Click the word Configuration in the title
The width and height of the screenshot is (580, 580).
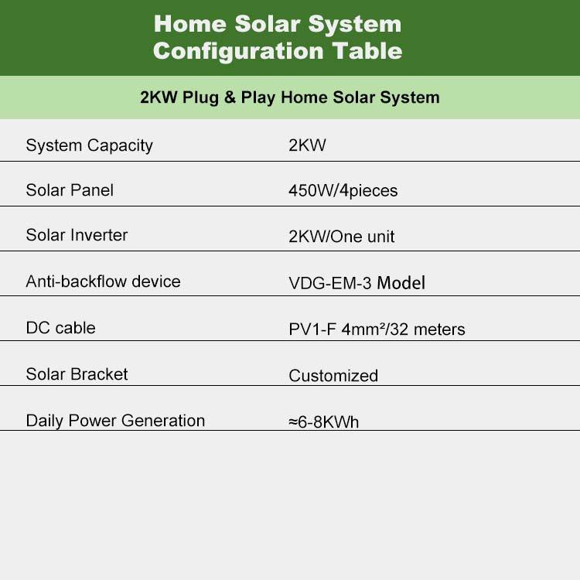[x=239, y=52]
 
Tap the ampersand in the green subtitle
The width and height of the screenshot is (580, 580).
[x=230, y=97]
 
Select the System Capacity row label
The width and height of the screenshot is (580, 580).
[x=89, y=145]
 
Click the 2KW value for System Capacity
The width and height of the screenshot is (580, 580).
[x=307, y=145]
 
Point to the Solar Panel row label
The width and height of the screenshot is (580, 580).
[x=70, y=190]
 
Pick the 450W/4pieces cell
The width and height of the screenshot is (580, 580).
[x=343, y=191]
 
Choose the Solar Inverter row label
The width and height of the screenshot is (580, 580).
[x=77, y=235]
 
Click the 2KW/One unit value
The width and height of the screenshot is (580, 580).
[x=341, y=237]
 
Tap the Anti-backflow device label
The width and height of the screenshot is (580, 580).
[x=103, y=281]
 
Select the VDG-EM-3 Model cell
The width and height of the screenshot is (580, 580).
[x=357, y=283]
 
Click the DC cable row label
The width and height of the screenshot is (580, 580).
[x=60, y=328]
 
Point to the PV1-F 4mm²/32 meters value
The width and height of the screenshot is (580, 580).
[x=377, y=329]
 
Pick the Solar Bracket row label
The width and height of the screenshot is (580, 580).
[x=77, y=374]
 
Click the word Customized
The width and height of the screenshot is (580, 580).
[x=333, y=376]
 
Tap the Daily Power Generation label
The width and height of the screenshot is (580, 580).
[x=115, y=421]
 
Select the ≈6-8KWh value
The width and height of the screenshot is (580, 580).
[x=324, y=422]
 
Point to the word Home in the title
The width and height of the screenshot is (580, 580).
[x=190, y=24]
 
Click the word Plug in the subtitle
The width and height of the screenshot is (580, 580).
[x=200, y=98]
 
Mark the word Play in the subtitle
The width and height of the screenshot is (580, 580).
[x=258, y=98]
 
